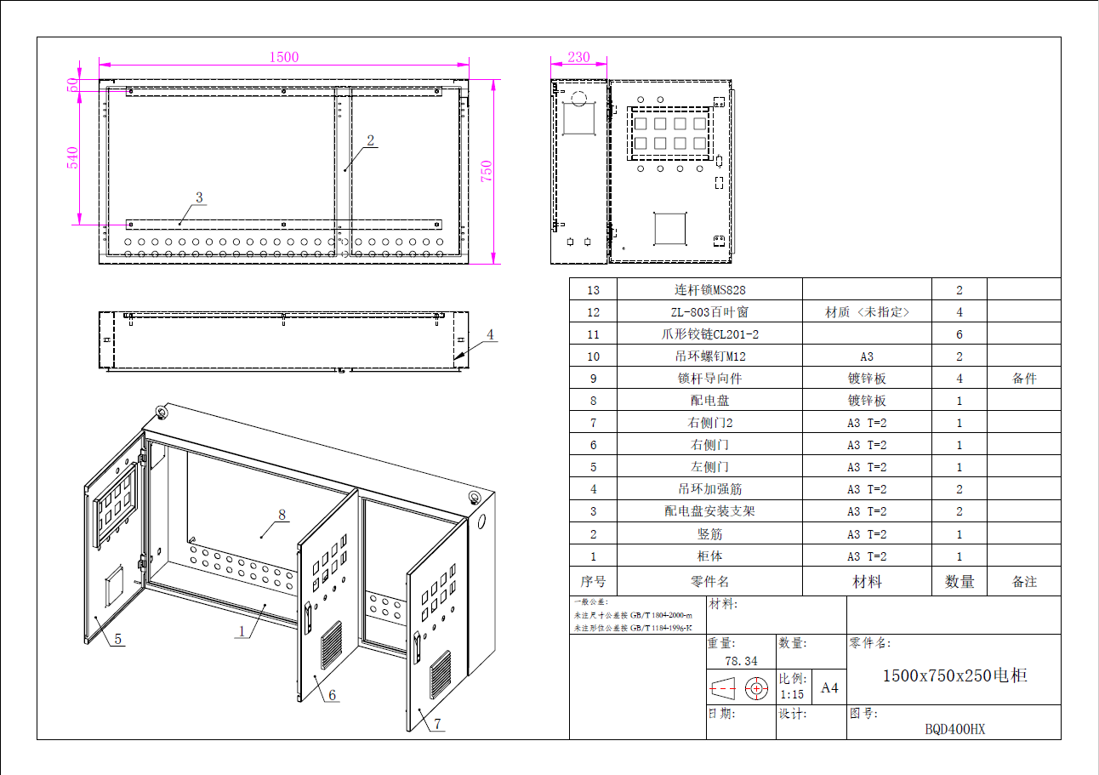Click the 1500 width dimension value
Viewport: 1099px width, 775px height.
(x=284, y=57)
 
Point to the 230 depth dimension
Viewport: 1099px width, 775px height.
(x=578, y=57)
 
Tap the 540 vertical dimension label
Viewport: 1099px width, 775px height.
(x=73, y=157)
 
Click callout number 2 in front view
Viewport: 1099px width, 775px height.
(x=371, y=140)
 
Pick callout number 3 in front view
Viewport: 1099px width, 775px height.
(x=199, y=197)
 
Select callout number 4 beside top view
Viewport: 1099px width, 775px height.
(x=490, y=334)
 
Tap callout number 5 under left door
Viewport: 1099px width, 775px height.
(x=117, y=639)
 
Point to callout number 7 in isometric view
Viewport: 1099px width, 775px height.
(x=437, y=725)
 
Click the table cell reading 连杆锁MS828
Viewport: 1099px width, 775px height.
(x=709, y=290)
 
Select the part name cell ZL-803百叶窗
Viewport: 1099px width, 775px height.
(x=709, y=312)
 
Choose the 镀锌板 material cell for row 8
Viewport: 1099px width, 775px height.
(x=867, y=401)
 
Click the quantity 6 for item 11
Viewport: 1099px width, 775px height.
(x=959, y=334)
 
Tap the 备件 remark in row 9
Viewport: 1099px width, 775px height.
(x=1024, y=379)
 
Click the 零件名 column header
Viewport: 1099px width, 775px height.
(x=709, y=582)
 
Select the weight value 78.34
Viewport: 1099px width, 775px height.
(x=740, y=661)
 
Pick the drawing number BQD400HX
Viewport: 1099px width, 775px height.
(x=954, y=729)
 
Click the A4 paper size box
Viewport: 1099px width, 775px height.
(x=829, y=688)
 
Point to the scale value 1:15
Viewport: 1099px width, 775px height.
(x=792, y=694)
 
